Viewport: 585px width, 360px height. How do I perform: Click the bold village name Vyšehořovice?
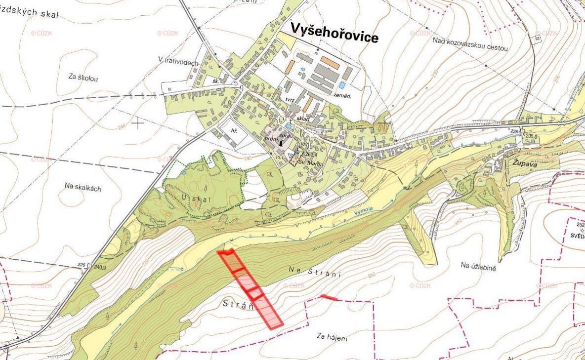point(334,33)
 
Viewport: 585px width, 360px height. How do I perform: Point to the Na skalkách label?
point(83,186)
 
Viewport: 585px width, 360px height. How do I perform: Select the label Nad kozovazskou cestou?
point(470,44)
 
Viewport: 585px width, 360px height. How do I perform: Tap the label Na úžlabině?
point(478,266)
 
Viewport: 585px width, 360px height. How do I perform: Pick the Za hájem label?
point(332,338)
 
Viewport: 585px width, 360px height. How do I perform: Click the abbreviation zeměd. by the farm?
point(341,96)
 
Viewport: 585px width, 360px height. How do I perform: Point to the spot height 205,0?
point(532,136)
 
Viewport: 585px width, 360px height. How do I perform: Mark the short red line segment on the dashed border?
point(329,297)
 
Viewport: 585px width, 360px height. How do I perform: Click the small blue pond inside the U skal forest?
point(184,173)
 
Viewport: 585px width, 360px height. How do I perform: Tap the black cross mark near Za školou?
point(137,123)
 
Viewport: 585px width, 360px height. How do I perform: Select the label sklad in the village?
point(303,120)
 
